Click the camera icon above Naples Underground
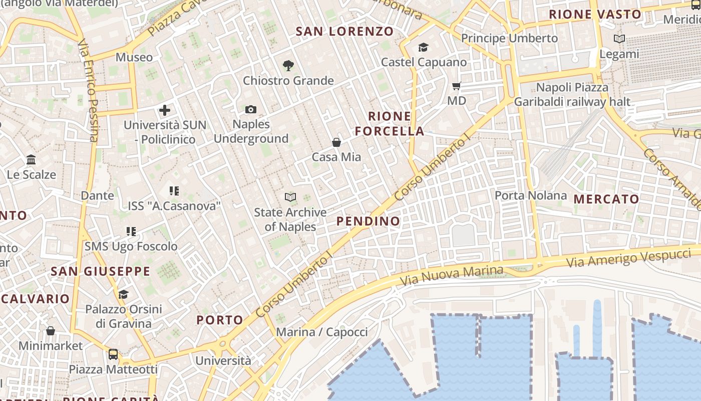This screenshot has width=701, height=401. pos(251,109)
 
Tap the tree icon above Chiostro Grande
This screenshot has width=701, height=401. pos(288,65)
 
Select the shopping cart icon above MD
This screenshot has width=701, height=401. pos(456,86)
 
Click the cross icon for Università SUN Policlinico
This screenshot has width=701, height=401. pos(165,110)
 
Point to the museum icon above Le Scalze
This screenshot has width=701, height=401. pos(31,160)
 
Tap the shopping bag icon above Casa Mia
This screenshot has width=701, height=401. pos(336,142)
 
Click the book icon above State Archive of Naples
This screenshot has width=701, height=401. pos(290,197)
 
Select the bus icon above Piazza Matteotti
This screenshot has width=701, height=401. pos(113,354)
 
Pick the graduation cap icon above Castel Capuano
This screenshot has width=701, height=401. pos(424,47)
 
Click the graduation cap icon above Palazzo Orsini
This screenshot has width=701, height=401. pos(123,294)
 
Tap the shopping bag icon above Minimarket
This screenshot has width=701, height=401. pos(51,331)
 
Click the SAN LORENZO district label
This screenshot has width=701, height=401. pos(345,31)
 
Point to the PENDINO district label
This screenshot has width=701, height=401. pos(369,221)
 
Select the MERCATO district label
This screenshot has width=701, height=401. pos(606,199)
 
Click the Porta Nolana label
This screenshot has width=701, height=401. pos(531,195)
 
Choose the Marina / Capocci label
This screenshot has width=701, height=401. pos(322,332)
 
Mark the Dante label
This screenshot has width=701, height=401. pos(98,195)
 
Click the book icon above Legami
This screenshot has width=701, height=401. pos(619,39)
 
